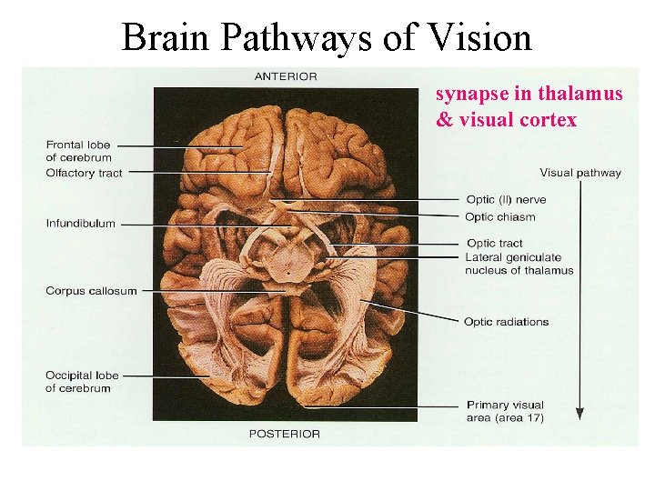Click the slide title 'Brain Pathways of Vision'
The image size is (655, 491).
tap(327, 37)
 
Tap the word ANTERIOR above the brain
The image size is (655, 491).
tap(286, 76)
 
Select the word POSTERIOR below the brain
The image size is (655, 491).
tap(285, 434)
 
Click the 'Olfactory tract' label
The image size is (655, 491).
tap(84, 173)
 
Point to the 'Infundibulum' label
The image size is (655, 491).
tap(81, 223)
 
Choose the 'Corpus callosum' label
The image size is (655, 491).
tap(91, 291)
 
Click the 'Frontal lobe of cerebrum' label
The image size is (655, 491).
tap(78, 151)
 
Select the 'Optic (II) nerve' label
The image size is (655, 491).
tap(506, 200)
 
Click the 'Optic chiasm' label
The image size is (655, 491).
tap(500, 217)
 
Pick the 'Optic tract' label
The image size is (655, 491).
tap(494, 243)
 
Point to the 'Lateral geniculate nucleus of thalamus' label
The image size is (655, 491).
tap(519, 264)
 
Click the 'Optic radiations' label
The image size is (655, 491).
tap(506, 321)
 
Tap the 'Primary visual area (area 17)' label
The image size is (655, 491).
tap(505, 411)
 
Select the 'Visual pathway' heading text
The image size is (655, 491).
tap(580, 173)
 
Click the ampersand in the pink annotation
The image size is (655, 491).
tap(444, 120)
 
